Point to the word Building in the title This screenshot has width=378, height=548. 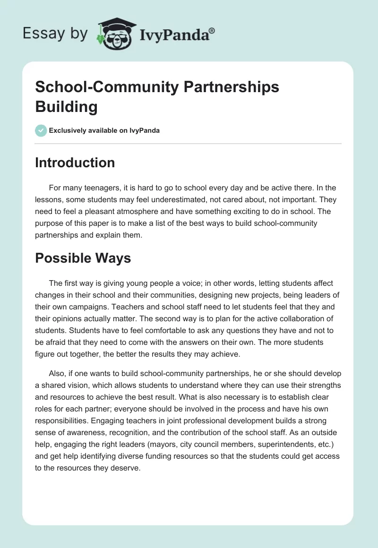click(66, 107)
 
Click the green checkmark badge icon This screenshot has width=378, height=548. click(41, 130)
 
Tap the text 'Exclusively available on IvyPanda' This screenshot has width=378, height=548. click(104, 130)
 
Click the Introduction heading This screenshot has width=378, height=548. click(75, 163)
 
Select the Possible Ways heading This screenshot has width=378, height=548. click(83, 258)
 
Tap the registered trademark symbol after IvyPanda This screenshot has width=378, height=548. click(212, 31)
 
